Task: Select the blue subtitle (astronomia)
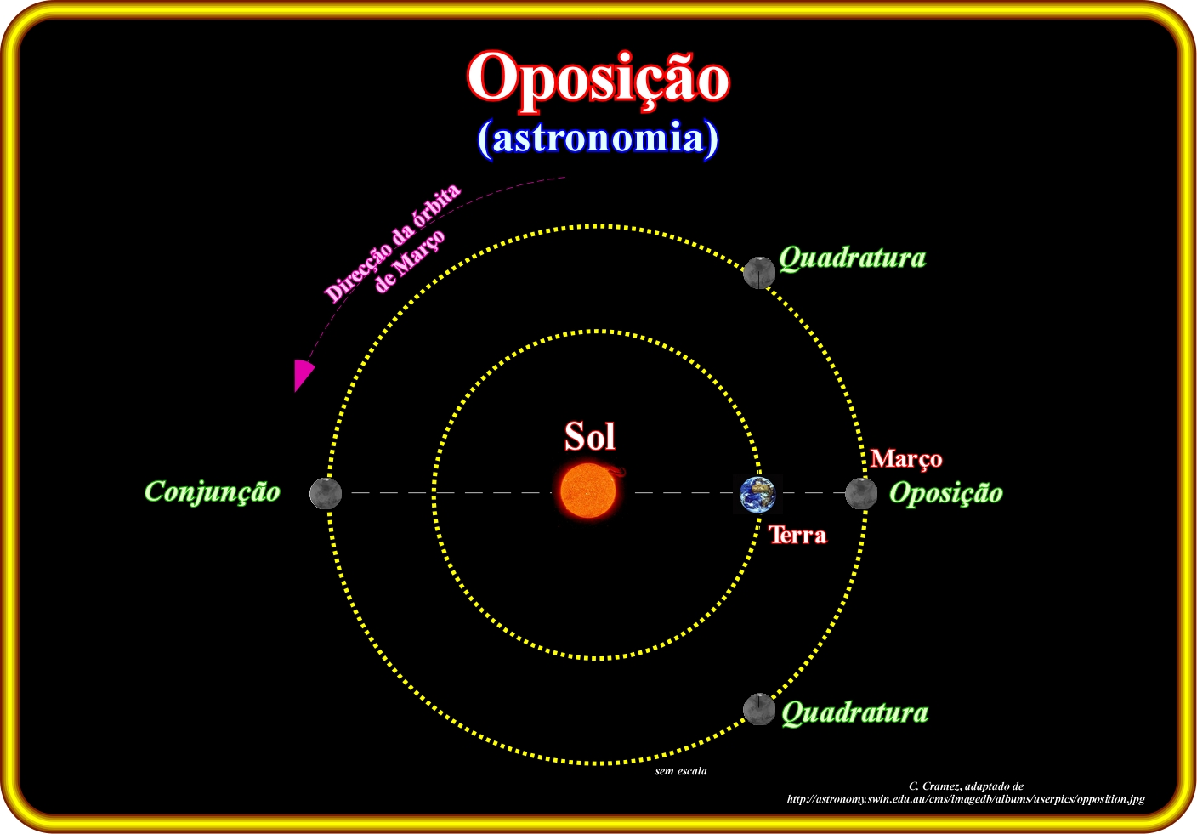tap(598, 139)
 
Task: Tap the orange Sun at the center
tap(588, 491)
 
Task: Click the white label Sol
tap(590, 436)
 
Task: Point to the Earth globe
tap(757, 494)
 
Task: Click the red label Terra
tap(797, 535)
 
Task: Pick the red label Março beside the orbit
tap(906, 459)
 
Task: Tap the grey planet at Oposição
tap(861, 493)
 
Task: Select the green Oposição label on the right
tap(946, 492)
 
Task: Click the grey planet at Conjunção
tap(326, 493)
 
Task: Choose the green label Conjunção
tap(213, 491)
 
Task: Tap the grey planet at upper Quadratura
tap(759, 273)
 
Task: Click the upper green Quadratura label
tap(852, 258)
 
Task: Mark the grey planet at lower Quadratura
tap(759, 709)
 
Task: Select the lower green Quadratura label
tap(855, 712)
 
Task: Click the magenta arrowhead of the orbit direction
tap(303, 375)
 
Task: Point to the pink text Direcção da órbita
tap(392, 243)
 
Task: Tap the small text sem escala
tap(681, 771)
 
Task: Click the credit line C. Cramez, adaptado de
tap(966, 786)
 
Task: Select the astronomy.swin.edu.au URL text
tap(966, 799)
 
